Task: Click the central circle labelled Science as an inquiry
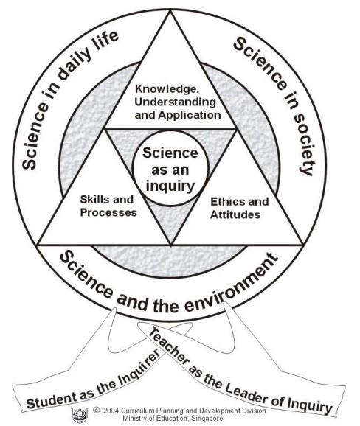[170, 169]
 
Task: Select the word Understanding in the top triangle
[176, 102]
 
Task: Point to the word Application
[190, 115]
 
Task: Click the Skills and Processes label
[108, 206]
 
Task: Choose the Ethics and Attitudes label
[239, 208]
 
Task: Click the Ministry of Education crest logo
[80, 415]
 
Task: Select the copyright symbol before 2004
[96, 410]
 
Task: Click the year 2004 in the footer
[111, 411]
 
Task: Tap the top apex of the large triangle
[170, 11]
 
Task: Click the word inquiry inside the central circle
[170, 186]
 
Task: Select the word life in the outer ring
[108, 41]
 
